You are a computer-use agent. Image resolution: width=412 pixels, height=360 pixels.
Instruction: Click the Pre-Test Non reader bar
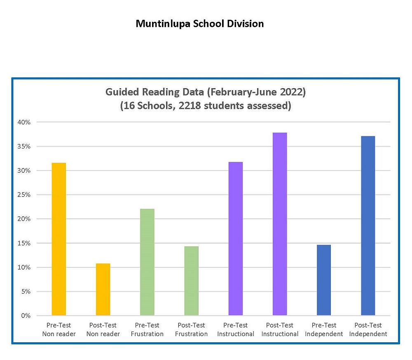(x=59, y=239)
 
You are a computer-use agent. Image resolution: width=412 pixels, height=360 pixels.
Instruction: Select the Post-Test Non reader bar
(x=103, y=289)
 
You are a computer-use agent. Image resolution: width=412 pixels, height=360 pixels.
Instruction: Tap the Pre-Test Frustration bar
(x=147, y=262)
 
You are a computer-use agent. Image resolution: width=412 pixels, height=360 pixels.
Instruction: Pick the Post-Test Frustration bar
(x=191, y=281)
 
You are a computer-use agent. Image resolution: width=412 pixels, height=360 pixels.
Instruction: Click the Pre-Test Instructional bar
(x=236, y=238)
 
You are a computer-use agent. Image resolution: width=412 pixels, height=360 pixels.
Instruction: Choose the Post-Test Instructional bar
(x=280, y=224)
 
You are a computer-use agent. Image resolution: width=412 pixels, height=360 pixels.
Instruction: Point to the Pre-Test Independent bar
(x=324, y=280)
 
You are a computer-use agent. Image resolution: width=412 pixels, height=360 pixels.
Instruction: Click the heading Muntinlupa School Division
(x=200, y=24)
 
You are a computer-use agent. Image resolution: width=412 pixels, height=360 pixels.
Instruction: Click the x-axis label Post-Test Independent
(x=368, y=330)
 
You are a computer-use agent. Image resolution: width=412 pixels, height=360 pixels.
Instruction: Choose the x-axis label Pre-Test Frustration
(x=147, y=330)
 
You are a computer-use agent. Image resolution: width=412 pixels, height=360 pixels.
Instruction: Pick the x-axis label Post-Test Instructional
(x=280, y=330)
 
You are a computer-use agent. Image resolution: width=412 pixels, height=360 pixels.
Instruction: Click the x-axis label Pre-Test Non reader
(x=59, y=330)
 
